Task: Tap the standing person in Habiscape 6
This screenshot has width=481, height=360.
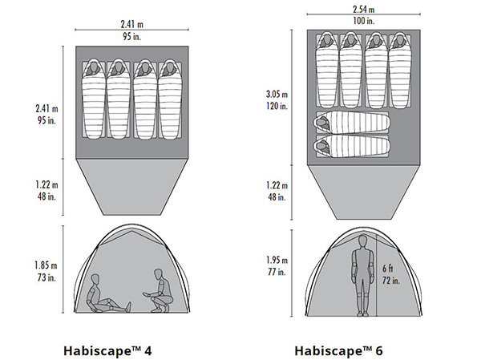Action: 358,281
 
